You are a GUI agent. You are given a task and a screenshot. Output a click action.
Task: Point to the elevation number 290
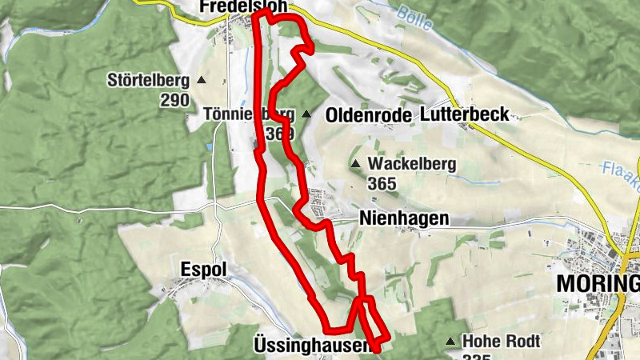(174, 100)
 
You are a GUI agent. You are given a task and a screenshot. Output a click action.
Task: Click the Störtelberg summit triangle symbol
(201, 80)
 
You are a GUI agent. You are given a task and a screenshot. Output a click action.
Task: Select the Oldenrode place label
(368, 116)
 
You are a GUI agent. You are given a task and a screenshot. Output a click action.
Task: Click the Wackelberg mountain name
(411, 164)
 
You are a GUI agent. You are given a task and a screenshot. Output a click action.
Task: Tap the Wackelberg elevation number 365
(383, 183)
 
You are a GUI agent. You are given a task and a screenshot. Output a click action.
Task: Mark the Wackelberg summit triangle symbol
(355, 164)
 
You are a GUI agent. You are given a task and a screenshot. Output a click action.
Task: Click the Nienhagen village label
(404, 218)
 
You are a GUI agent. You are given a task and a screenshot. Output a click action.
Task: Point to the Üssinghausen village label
(312, 346)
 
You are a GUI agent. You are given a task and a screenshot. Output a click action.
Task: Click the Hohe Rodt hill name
(502, 342)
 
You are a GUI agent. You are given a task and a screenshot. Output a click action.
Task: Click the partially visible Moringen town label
(598, 285)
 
